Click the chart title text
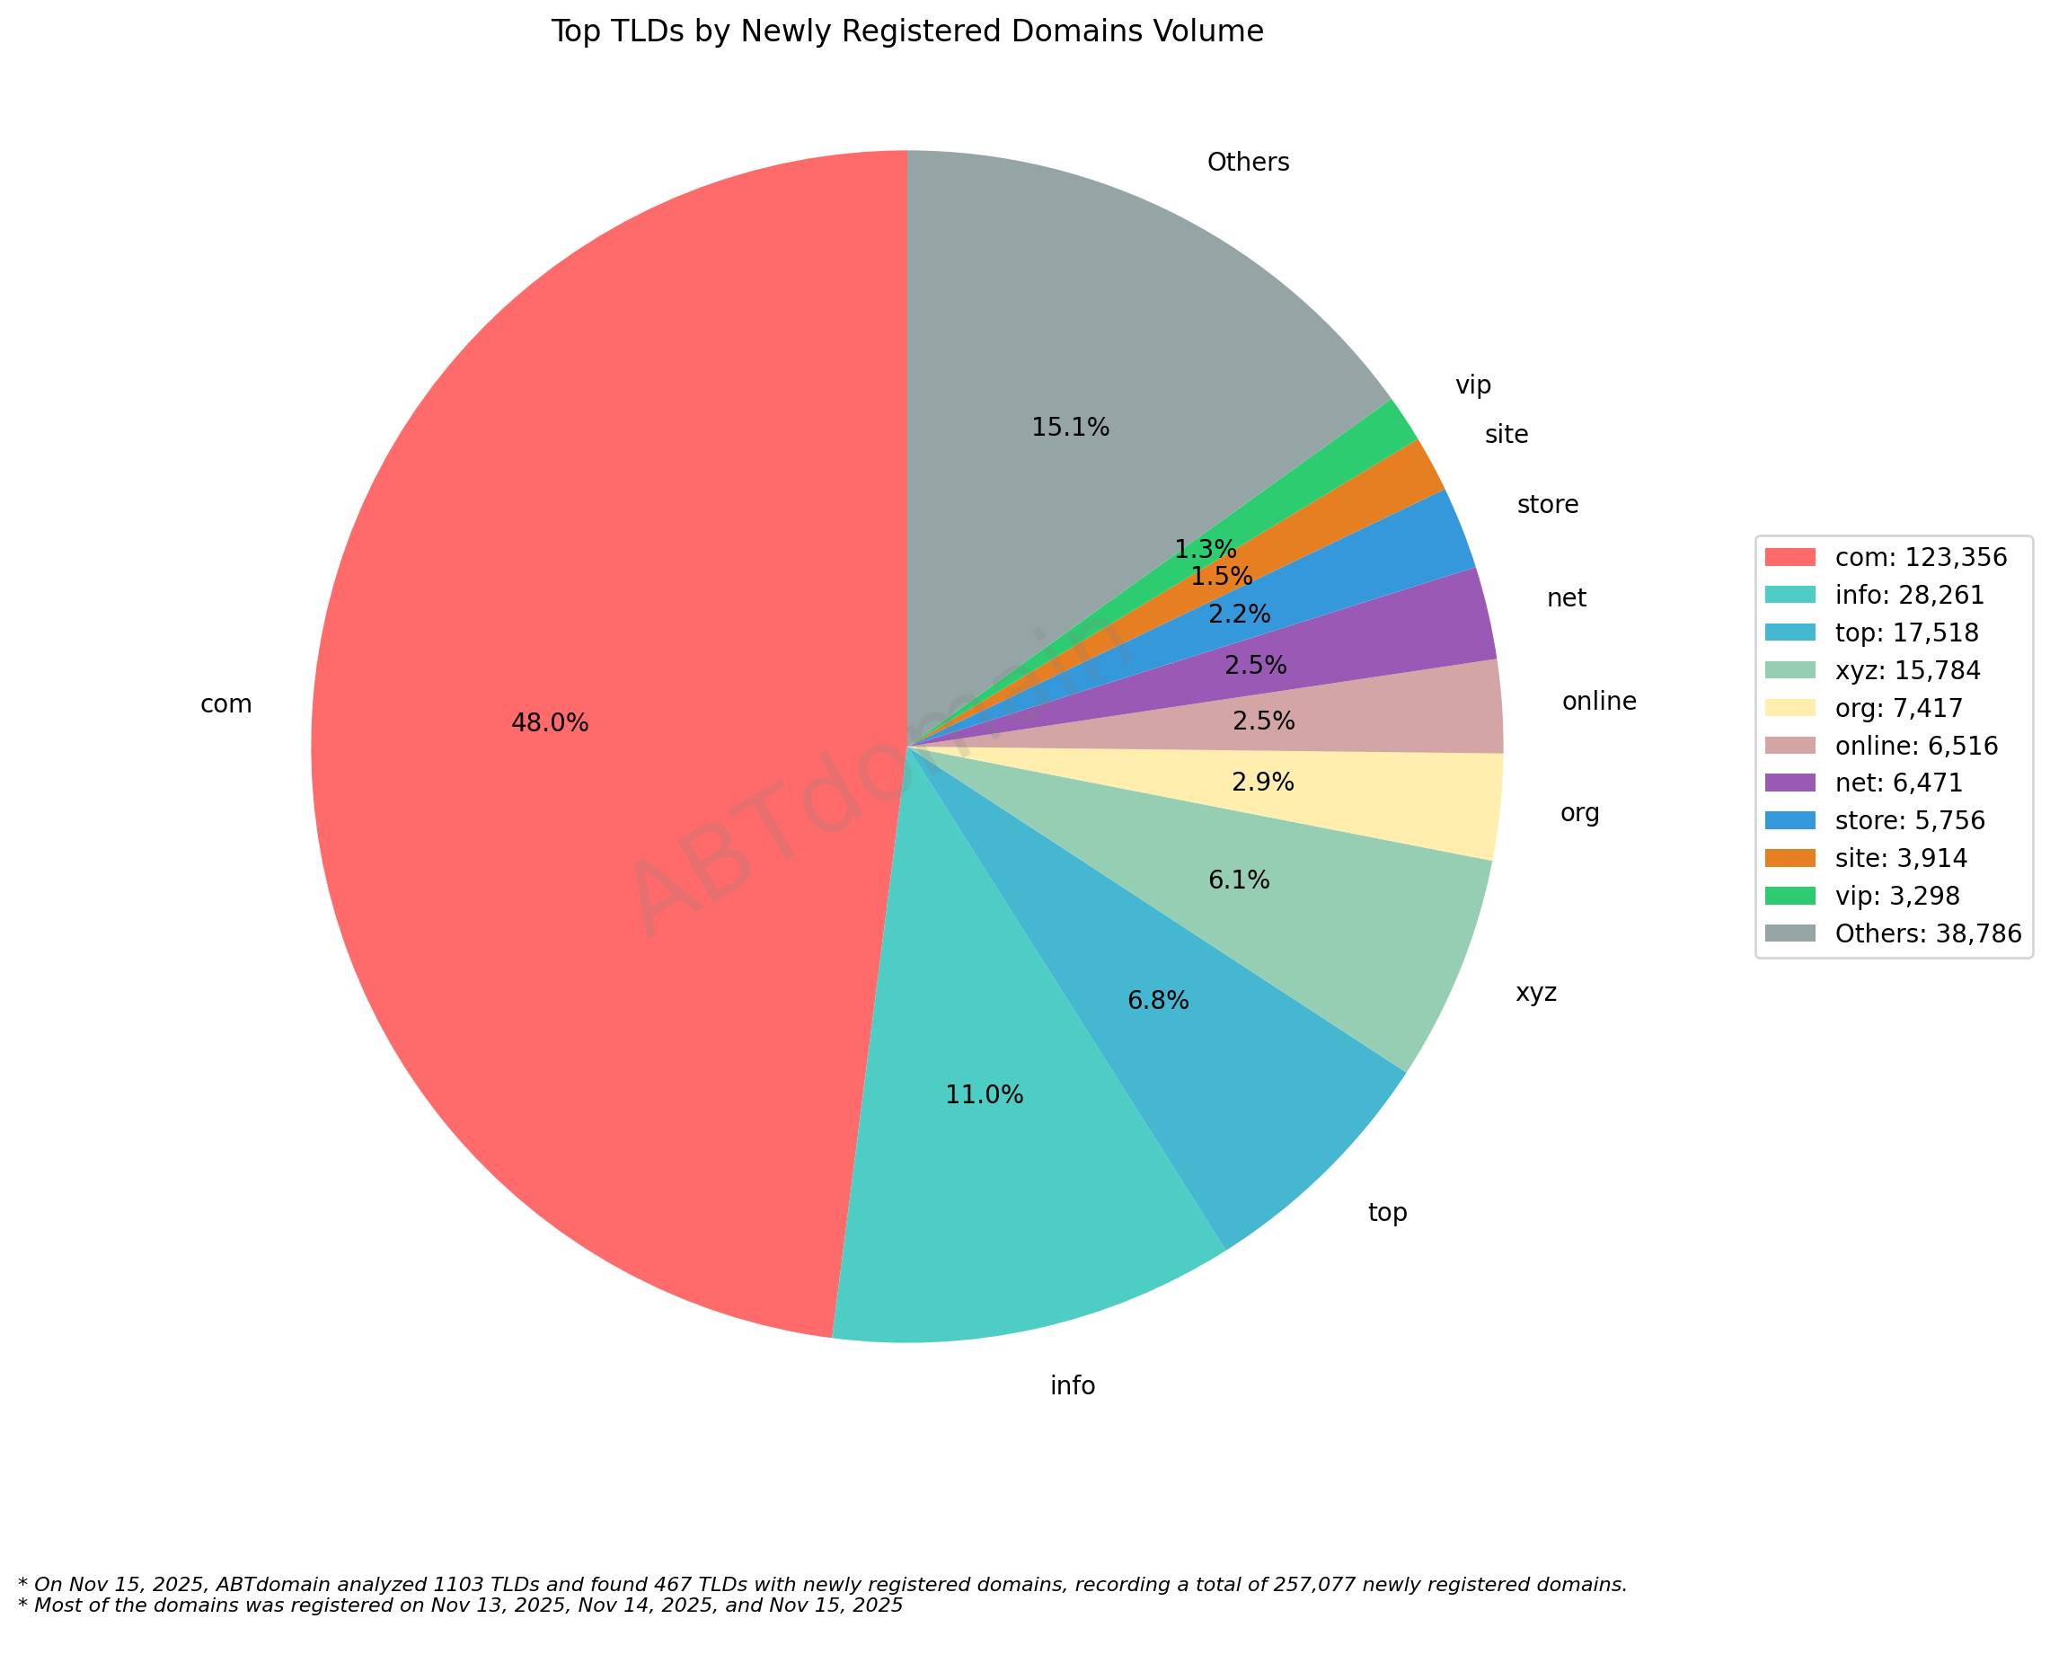pos(907,31)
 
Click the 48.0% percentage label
pos(550,723)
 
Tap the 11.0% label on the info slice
pos(984,1094)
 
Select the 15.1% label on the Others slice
pos(1070,428)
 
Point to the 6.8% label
pos(1157,1001)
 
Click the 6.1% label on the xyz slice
pos(1239,880)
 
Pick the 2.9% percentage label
pos(1262,783)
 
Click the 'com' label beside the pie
pos(225,704)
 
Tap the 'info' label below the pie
pos(1072,1385)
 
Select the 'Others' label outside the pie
pos(1247,163)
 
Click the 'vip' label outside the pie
pos(1472,385)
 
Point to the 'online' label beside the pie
pos(1598,702)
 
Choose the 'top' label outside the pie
pos(1387,1213)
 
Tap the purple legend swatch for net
pos(1790,783)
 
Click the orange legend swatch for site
pos(1790,858)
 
